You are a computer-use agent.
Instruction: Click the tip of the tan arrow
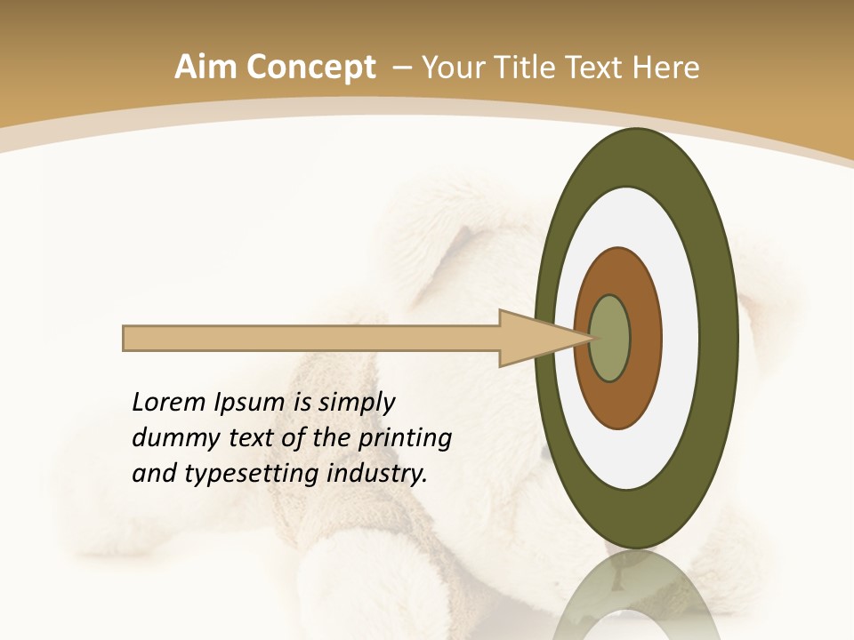(590, 338)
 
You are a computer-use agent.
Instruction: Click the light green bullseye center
(609, 338)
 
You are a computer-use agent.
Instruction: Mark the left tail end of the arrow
(125, 338)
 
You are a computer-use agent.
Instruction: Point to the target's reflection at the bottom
(636, 596)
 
